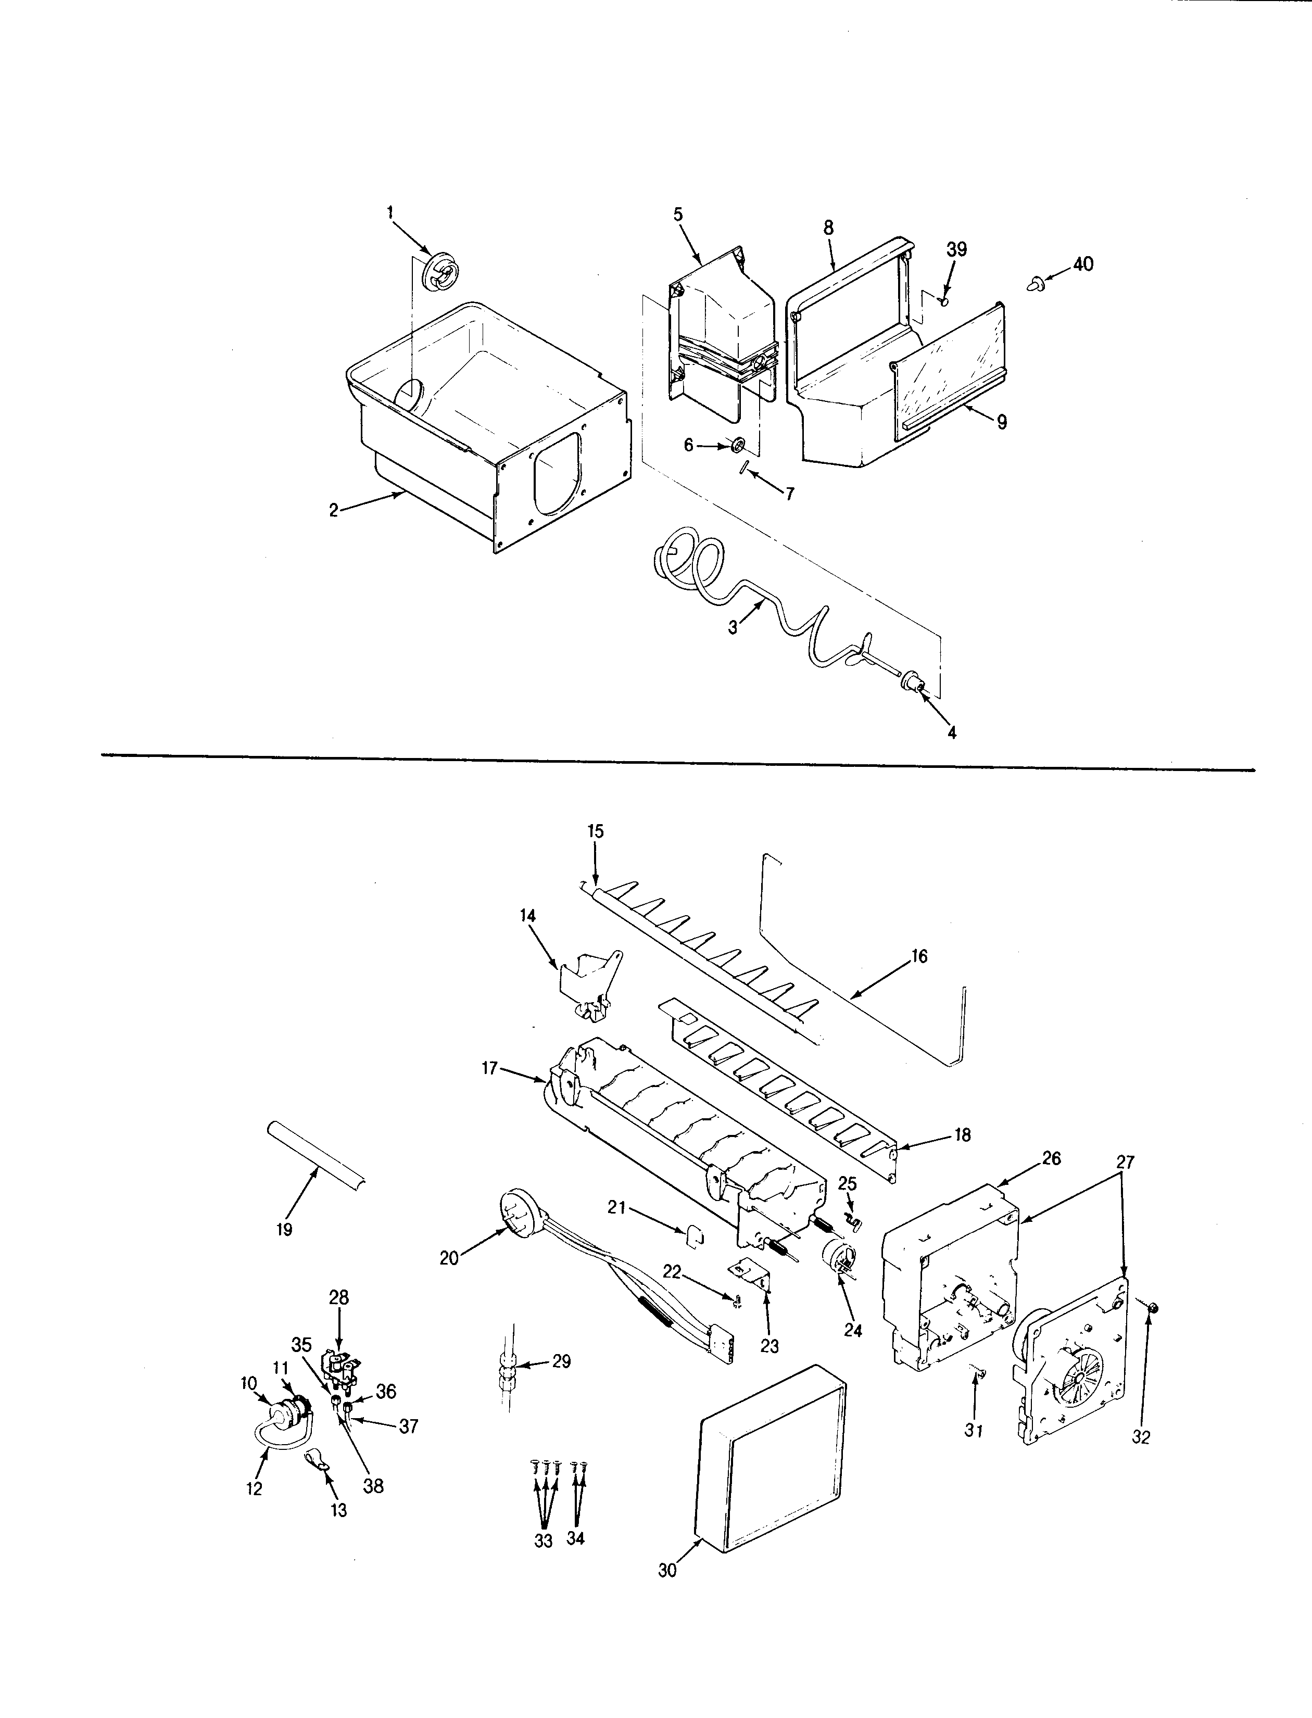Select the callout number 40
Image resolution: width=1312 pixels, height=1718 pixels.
point(1082,264)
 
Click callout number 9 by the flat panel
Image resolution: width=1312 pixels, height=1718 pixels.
point(1001,423)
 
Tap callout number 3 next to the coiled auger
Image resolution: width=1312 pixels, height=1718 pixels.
point(733,627)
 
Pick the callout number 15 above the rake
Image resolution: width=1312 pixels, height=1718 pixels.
point(596,832)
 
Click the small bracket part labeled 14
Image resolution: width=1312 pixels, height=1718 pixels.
point(589,986)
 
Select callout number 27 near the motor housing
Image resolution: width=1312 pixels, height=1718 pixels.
point(1125,1162)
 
